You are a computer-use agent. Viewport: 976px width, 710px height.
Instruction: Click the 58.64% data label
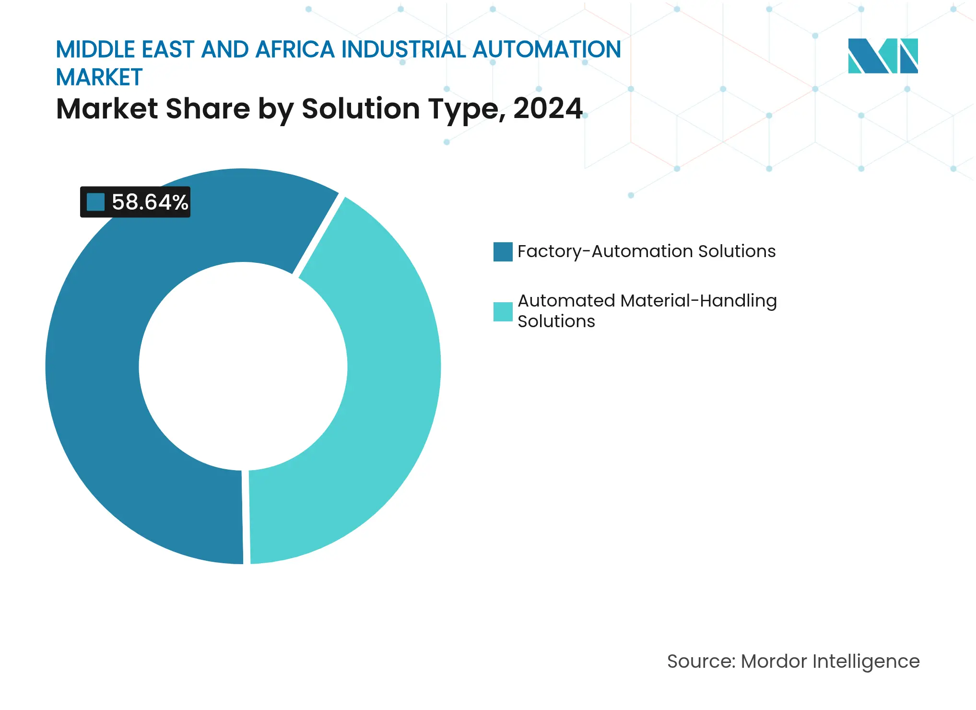pyautogui.click(x=149, y=202)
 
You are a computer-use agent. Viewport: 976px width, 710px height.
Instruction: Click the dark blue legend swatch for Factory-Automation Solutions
pyautogui.click(x=503, y=252)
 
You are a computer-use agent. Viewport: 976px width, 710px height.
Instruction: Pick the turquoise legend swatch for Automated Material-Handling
pyautogui.click(x=503, y=312)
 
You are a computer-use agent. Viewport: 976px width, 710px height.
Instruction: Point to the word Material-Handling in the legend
pyautogui.click(x=698, y=301)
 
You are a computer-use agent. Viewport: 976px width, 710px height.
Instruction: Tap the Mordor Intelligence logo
pyautogui.click(x=882, y=56)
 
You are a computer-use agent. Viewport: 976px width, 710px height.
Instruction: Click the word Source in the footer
pyautogui.click(x=700, y=662)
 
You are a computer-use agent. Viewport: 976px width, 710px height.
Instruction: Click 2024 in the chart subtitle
pyautogui.click(x=548, y=109)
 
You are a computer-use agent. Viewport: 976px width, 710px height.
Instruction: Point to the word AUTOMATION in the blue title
pyautogui.click(x=547, y=49)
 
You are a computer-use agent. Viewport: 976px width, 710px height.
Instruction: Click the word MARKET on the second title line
pyautogui.click(x=99, y=78)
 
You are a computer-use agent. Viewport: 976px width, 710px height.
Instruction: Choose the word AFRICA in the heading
pyautogui.click(x=294, y=49)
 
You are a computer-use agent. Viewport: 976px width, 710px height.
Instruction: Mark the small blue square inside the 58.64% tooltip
pyautogui.click(x=96, y=202)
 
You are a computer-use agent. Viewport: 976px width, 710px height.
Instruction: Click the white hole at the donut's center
pyautogui.click(x=243, y=367)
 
